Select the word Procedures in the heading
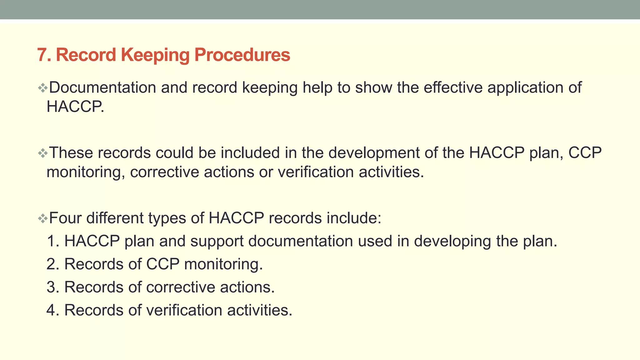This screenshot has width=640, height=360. [x=242, y=55]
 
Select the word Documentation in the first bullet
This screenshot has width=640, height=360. [x=102, y=87]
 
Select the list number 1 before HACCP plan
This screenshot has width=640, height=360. [x=51, y=241]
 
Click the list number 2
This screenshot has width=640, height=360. [x=51, y=264]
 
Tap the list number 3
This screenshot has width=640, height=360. [x=51, y=287]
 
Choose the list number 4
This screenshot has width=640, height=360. [x=51, y=310]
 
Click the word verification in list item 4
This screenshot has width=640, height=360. [x=184, y=310]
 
